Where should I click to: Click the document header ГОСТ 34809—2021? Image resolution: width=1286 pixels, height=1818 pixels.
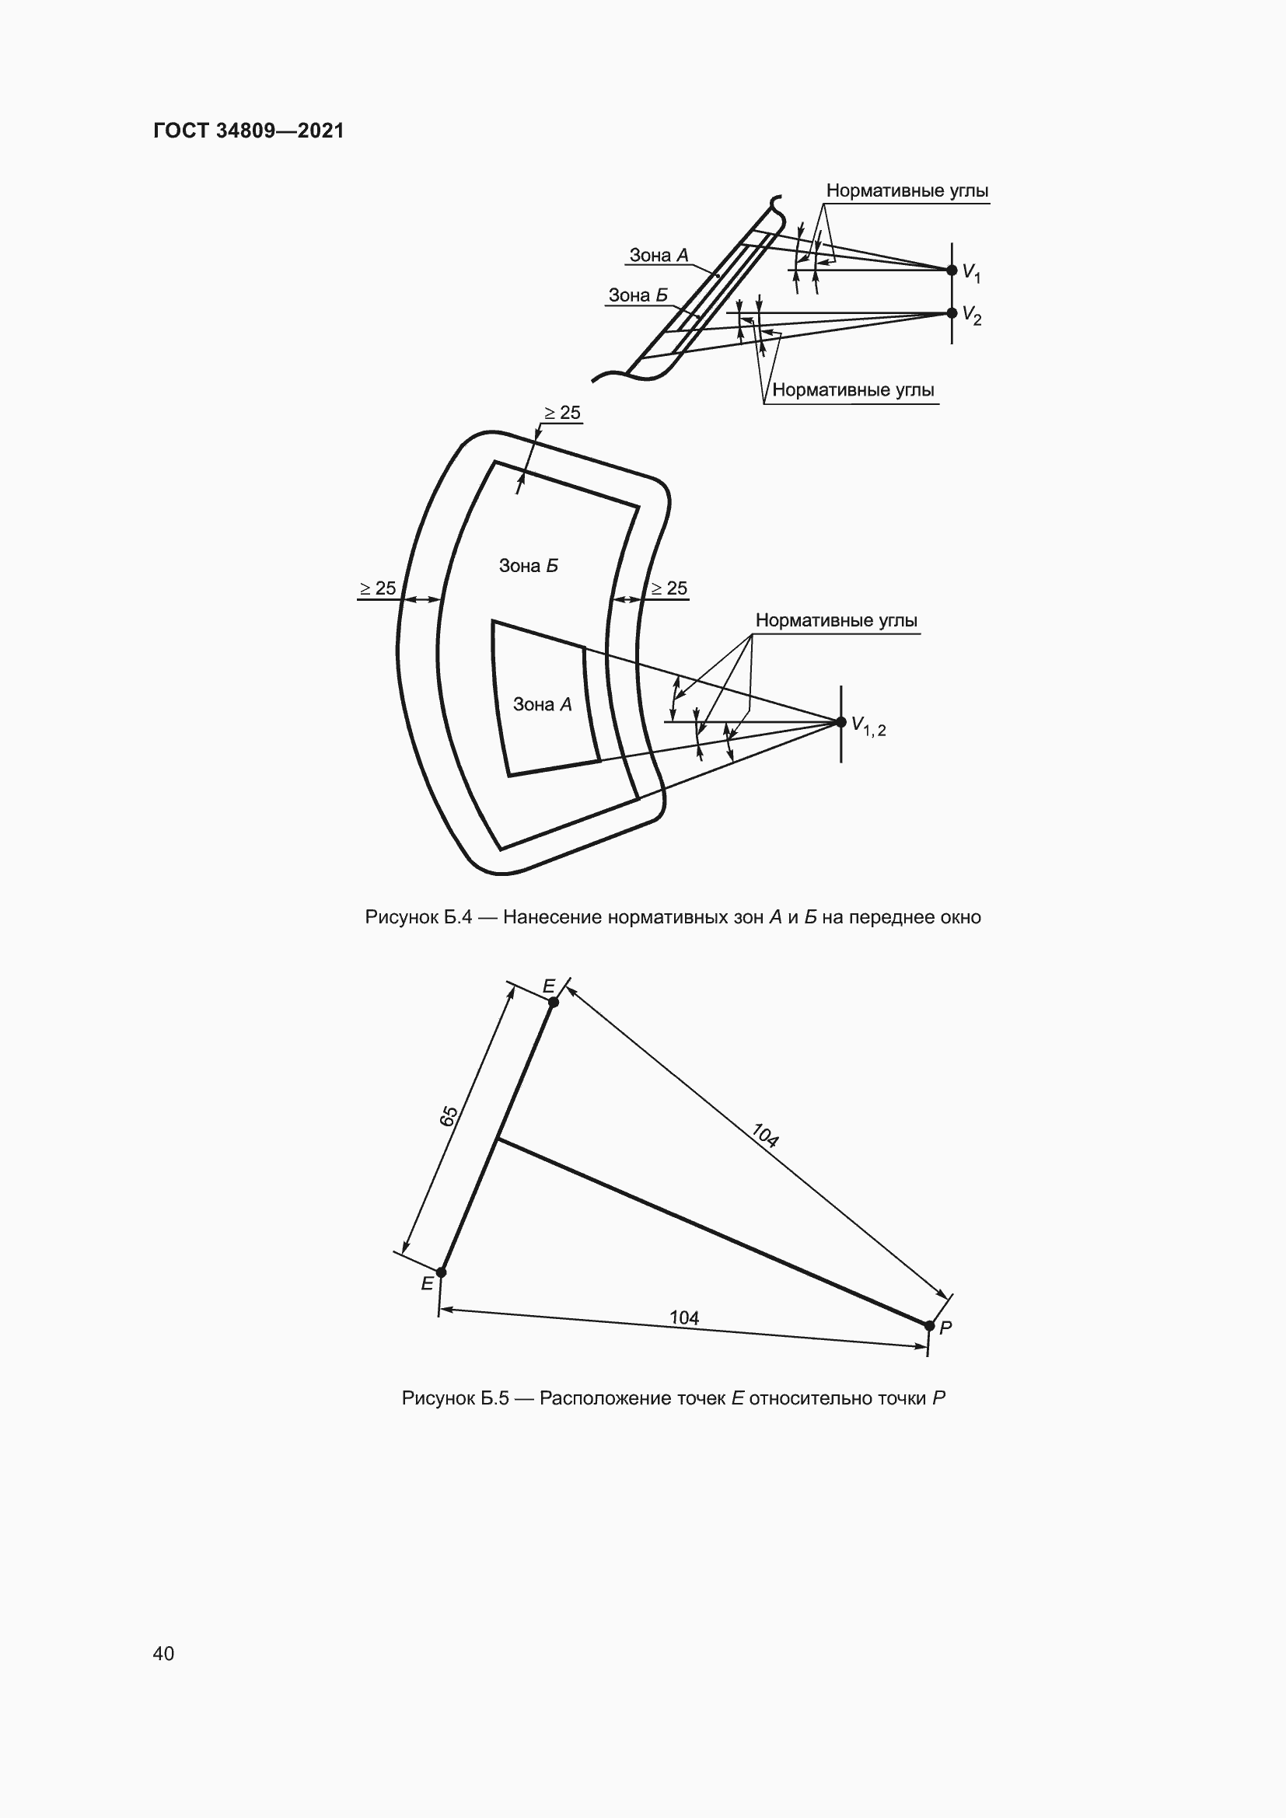click(249, 131)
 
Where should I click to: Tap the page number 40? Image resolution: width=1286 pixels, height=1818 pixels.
click(163, 1653)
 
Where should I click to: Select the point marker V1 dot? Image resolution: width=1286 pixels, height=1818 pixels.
click(952, 270)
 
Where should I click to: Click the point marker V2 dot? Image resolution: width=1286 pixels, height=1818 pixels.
click(952, 312)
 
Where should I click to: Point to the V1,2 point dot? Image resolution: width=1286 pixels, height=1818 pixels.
click(841, 721)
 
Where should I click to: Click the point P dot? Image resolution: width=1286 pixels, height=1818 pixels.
click(930, 1325)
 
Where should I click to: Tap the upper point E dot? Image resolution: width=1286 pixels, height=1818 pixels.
click(554, 1003)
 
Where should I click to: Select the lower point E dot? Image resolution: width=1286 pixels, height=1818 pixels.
click(441, 1272)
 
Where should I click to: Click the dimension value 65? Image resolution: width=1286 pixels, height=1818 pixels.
click(449, 1115)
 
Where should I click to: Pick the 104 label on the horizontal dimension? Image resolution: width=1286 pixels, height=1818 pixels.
click(684, 1317)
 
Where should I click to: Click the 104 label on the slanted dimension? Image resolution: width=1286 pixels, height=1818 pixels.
click(765, 1136)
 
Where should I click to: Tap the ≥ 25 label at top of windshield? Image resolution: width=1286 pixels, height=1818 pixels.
click(562, 413)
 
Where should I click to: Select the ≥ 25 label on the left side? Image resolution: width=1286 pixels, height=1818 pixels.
click(378, 588)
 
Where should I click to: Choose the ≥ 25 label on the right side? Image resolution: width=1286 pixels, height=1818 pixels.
click(669, 588)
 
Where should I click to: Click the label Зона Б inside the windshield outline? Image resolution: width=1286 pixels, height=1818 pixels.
click(528, 565)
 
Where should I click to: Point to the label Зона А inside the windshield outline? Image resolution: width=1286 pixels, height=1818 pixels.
click(543, 704)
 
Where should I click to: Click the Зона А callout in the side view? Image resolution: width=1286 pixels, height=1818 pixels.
click(659, 255)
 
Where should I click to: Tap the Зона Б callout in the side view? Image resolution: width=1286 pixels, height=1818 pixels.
click(638, 295)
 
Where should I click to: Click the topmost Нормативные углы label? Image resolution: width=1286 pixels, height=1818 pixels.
click(907, 191)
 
